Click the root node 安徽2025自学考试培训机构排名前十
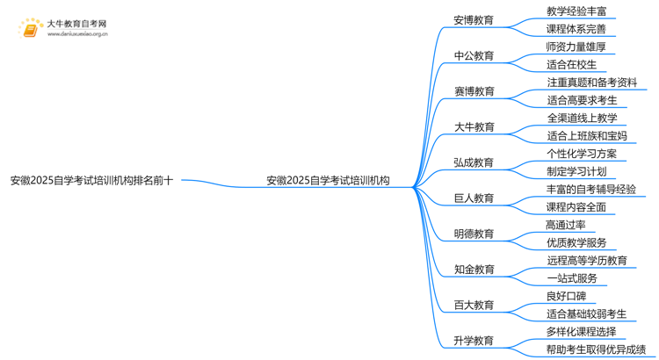91,181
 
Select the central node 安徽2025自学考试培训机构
328,181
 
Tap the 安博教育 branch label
474,20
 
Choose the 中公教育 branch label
474,55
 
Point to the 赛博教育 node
474,91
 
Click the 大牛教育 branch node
474,127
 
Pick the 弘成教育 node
474,162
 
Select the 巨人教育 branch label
474,198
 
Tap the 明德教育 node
474,234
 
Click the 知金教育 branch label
474,270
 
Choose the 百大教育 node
474,306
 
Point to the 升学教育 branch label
474,341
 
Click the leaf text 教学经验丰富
576,11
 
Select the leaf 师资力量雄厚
576,47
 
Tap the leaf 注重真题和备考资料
590,83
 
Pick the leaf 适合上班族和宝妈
586,136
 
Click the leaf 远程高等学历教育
586,261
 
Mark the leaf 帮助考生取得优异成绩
596,349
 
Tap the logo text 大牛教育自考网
76,23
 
